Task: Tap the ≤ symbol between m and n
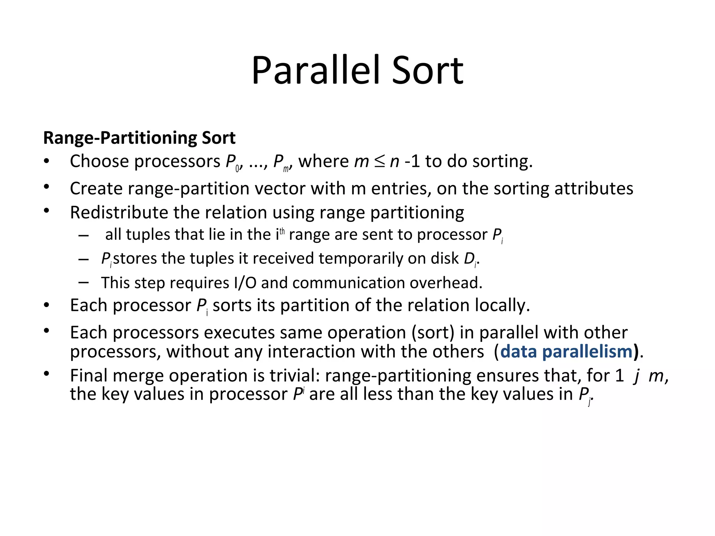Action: pyautogui.click(x=379, y=162)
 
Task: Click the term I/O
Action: pyautogui.click(x=245, y=283)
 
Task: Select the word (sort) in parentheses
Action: pyautogui.click(x=433, y=333)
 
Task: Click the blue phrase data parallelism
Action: pyautogui.click(x=566, y=351)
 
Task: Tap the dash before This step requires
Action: pyautogui.click(x=83, y=282)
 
